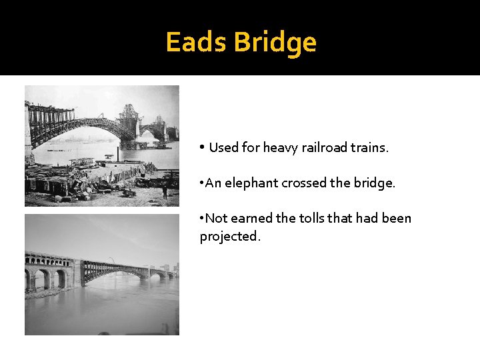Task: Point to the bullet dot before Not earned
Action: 202,218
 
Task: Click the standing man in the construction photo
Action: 164,192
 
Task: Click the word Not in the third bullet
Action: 216,218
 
